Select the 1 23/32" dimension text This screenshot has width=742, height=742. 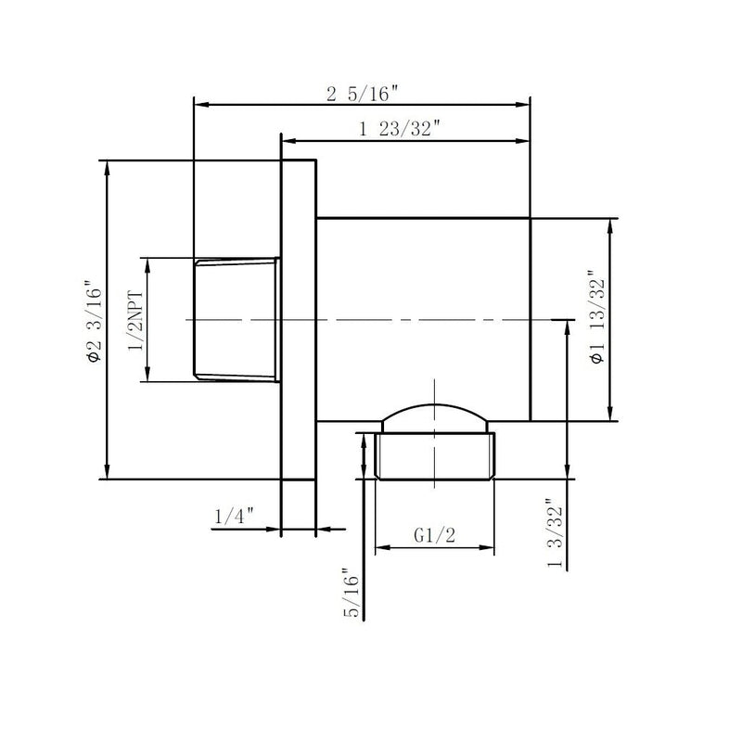click(399, 130)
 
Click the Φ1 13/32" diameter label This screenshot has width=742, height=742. click(596, 320)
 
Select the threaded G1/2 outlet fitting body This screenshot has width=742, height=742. click(436, 455)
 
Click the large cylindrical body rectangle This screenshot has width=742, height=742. click(423, 278)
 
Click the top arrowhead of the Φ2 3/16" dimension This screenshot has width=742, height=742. click(109, 166)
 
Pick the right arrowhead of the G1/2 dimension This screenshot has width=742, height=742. click(492, 548)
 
